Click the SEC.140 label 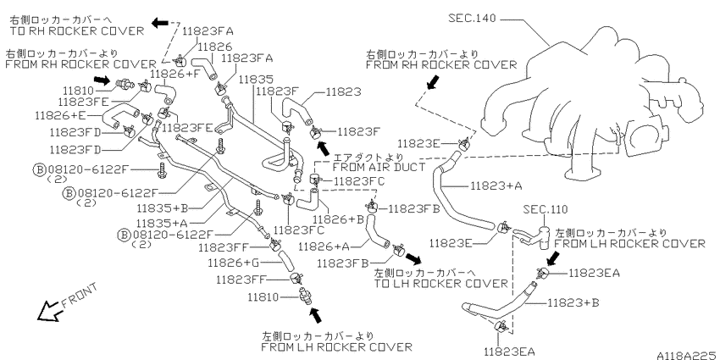coord(472,19)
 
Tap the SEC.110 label coord(546,209)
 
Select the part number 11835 coord(256,79)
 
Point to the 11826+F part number coord(177,74)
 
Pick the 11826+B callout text coord(338,219)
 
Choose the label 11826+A coord(324,246)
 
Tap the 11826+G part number coord(234,263)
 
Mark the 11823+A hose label coord(497,186)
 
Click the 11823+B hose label coord(573,303)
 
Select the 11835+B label coord(163,208)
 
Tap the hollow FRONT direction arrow coord(48,312)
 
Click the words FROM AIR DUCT coord(379,167)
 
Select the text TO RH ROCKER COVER coord(77,31)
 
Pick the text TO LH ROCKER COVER coord(441,283)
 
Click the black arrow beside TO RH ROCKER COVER coord(160,23)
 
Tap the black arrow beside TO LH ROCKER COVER coord(413,258)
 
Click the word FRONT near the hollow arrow coord(79,295)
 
